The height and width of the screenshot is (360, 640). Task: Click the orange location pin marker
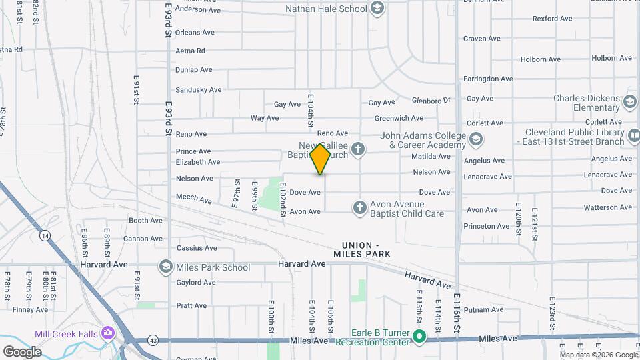pos(321,159)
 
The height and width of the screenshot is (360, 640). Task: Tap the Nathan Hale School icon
pos(377,9)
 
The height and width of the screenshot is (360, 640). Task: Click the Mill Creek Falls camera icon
pos(108,333)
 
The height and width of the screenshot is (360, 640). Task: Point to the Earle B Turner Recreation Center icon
pos(419,336)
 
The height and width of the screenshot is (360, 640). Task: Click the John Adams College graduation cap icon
pos(475,140)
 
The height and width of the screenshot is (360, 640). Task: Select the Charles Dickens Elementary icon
pos(629,103)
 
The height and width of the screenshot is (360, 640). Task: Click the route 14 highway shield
pos(45,235)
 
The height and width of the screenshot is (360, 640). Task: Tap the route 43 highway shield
pos(153,340)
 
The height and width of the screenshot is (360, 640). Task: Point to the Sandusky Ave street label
pos(198,90)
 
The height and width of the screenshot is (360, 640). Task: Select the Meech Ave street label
pos(193,199)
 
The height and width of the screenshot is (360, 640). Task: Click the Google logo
pos(22,352)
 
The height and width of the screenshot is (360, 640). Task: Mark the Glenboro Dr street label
pos(431,100)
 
